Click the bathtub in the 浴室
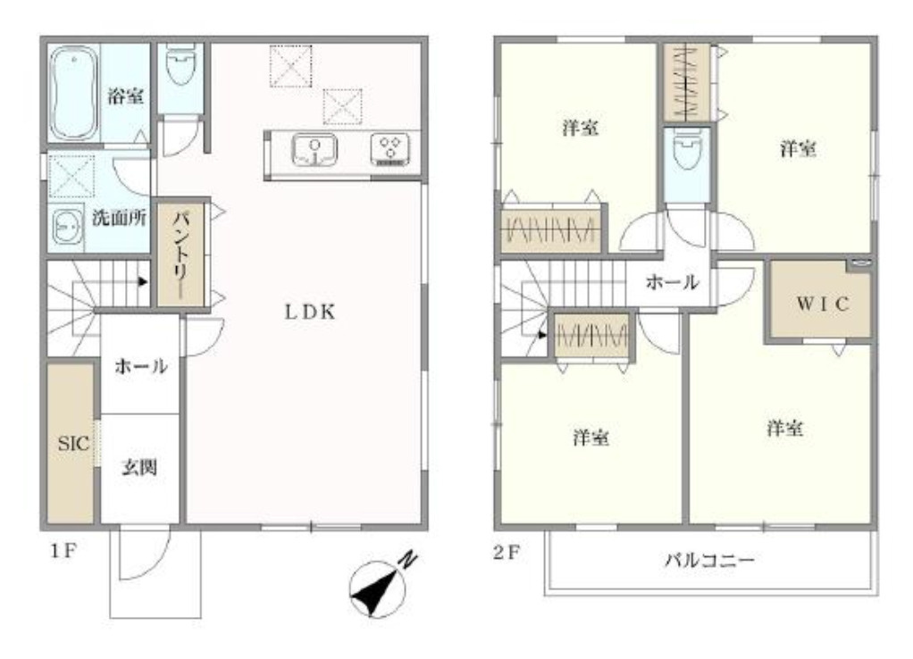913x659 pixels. pyautogui.click(x=73, y=94)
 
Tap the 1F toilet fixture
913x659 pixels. pyautogui.click(x=180, y=68)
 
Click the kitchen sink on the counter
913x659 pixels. pyautogui.click(x=314, y=149)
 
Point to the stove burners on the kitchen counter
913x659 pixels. pyautogui.click(x=390, y=149)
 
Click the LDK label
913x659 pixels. pyautogui.click(x=310, y=313)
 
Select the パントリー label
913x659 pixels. pyautogui.click(x=181, y=254)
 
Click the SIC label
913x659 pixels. pyautogui.click(x=71, y=443)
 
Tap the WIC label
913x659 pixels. pyautogui.click(x=821, y=302)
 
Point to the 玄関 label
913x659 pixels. pyautogui.click(x=140, y=467)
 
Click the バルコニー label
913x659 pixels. pyautogui.click(x=709, y=561)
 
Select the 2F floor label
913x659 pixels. pyautogui.click(x=507, y=551)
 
